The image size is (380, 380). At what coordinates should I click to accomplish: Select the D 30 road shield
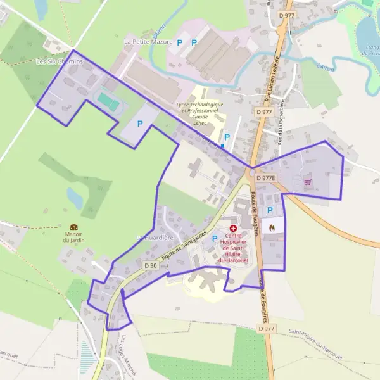click(150, 265)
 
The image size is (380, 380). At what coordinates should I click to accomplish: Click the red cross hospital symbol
click(233, 227)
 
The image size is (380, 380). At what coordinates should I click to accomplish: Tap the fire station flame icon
click(272, 225)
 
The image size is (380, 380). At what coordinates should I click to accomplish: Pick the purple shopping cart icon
click(308, 182)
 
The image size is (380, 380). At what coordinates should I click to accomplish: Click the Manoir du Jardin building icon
click(73, 227)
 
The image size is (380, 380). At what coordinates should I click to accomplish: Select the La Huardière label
click(155, 237)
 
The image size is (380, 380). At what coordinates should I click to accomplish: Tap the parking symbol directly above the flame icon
click(270, 210)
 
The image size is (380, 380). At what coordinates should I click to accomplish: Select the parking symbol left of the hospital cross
click(215, 239)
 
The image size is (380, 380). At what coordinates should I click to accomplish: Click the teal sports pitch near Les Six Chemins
click(108, 101)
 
